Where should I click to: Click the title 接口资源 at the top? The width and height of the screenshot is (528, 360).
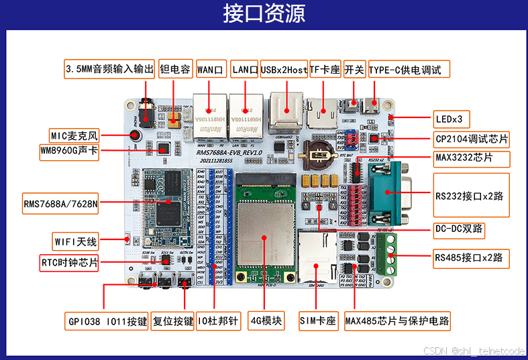click(x=264, y=13)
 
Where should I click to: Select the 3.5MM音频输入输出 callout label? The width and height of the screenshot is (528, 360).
click(x=109, y=69)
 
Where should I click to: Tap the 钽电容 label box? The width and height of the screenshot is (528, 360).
click(x=175, y=69)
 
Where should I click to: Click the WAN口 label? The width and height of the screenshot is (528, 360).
click(x=211, y=69)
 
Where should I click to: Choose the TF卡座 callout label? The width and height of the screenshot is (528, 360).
click(x=325, y=69)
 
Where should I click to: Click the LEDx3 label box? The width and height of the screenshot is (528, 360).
click(x=450, y=119)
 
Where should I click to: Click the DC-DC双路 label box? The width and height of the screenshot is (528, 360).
click(x=460, y=229)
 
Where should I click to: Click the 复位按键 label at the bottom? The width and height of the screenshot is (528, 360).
click(x=172, y=320)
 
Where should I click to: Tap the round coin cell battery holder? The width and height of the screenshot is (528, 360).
click(x=318, y=154)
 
